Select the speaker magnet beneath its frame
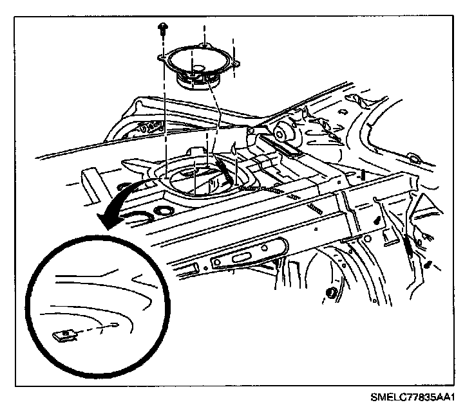tap(199, 82)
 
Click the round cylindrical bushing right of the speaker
tap(281, 132)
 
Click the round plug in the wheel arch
tap(330, 293)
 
